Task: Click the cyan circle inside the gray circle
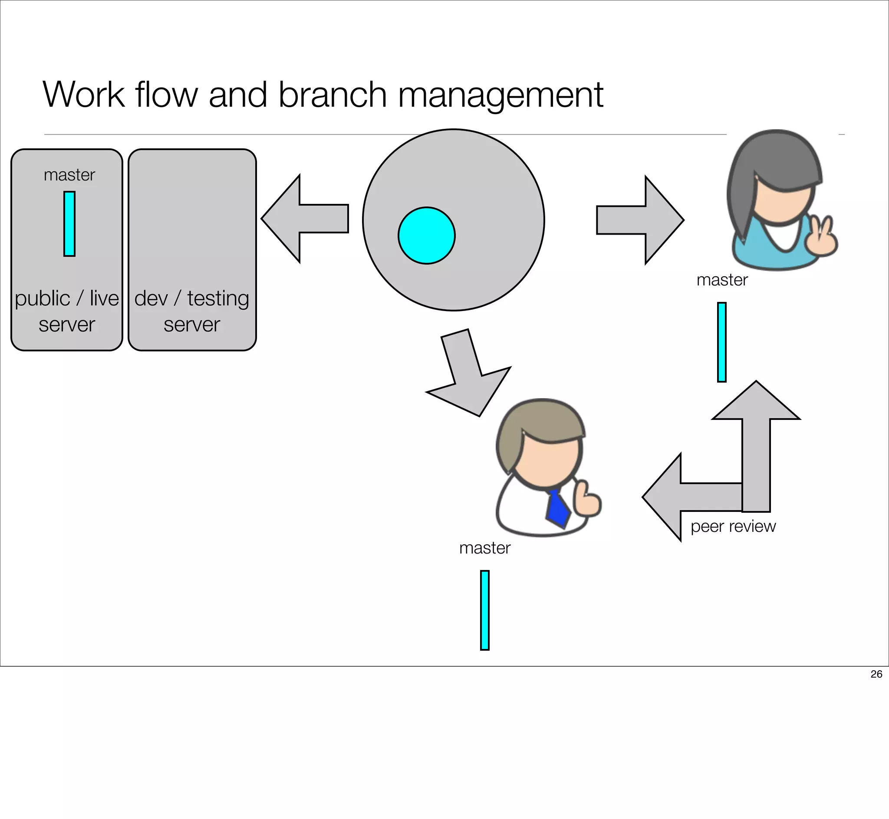pyautogui.click(x=427, y=235)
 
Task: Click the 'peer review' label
pyautogui.click(x=733, y=526)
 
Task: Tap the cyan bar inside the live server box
pyautogui.click(x=69, y=224)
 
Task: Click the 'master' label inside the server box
pyautogui.click(x=69, y=175)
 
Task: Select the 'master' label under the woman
pyautogui.click(x=722, y=280)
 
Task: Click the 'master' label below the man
pyautogui.click(x=484, y=548)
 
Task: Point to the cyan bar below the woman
pyautogui.click(x=722, y=342)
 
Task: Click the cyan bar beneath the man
pyautogui.click(x=484, y=610)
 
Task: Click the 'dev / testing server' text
pyautogui.click(x=191, y=311)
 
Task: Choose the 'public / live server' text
pyautogui.click(x=66, y=311)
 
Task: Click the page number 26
pyautogui.click(x=876, y=674)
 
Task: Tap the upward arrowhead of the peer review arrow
pyautogui.click(x=756, y=401)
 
